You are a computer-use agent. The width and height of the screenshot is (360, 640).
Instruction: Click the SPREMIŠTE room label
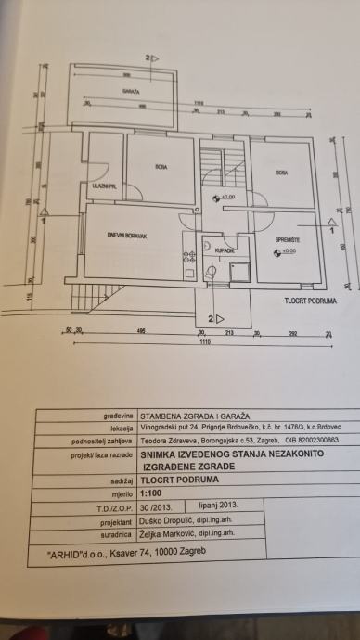[285, 240]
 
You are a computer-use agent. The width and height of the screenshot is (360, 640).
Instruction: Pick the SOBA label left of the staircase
[161, 166]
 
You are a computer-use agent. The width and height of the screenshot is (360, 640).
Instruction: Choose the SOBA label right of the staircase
[281, 173]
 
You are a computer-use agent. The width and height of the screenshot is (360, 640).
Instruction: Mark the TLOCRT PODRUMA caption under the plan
[309, 301]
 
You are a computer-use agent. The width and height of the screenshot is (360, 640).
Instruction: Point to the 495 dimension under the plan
[140, 331]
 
